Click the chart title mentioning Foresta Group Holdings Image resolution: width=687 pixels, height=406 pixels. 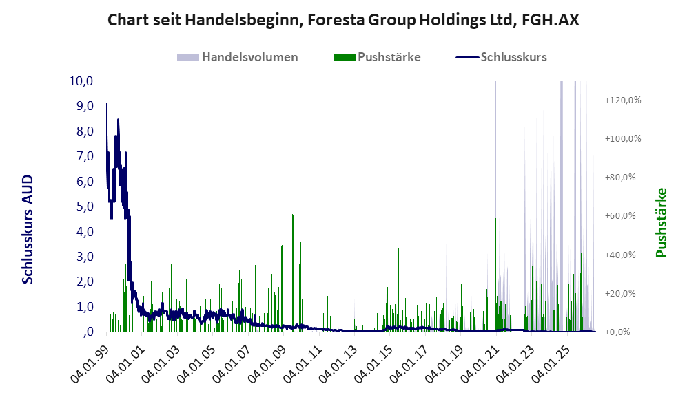tap(343, 20)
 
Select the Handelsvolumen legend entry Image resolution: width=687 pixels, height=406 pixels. tap(238, 57)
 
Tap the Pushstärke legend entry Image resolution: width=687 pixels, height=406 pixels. tap(377, 57)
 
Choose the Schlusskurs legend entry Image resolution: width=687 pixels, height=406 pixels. tap(501, 57)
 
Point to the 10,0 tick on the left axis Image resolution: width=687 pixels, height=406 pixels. tap(81, 81)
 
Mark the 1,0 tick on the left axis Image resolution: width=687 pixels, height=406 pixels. tap(85, 307)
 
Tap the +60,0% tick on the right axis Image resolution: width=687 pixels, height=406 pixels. tap(620, 215)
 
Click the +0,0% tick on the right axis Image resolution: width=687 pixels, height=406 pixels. tap(618, 332)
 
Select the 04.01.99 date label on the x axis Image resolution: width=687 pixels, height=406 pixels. tap(90, 365)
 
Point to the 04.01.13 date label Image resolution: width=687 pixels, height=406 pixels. tap(338, 365)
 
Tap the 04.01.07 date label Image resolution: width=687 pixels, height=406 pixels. tap(232, 365)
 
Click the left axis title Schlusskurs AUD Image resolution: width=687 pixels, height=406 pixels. tap(28, 229)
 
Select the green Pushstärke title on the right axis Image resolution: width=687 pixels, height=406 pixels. tap(661, 222)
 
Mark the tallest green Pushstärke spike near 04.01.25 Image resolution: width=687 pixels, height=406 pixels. tap(566, 214)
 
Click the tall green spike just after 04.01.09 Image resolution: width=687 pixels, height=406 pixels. tap(293, 273)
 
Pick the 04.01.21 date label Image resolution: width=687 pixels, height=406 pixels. tap(480, 365)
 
